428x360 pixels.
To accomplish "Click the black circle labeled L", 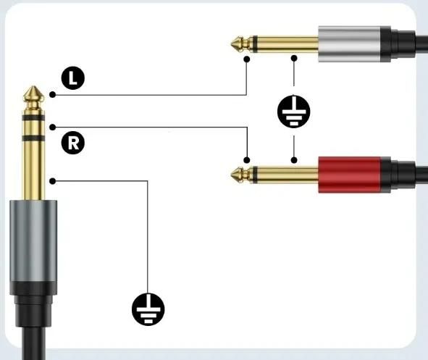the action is point(73,78).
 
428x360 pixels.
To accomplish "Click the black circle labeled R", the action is point(73,143).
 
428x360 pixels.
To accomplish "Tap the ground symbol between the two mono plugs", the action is point(294,112).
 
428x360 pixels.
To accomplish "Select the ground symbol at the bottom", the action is point(148,309).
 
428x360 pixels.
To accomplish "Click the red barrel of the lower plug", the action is point(349,175).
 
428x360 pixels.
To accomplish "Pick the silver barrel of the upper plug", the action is point(349,44).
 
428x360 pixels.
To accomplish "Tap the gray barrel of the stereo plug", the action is point(33,241).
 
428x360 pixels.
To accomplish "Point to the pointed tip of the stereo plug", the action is point(33,87).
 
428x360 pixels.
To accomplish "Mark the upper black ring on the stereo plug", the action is point(33,117).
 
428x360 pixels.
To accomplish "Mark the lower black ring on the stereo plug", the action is point(33,138).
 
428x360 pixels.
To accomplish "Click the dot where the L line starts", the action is point(53,95).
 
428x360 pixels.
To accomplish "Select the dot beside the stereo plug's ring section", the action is point(53,127).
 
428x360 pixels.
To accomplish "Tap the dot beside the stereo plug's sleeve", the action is point(53,181).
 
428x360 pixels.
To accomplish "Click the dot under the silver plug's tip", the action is point(247,59).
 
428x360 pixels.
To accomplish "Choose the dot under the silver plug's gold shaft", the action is point(294,58).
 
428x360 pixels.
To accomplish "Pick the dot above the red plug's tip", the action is point(247,160).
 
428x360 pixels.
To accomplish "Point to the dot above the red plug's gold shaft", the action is point(294,160).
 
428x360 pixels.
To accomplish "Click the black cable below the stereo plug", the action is point(33,343).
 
